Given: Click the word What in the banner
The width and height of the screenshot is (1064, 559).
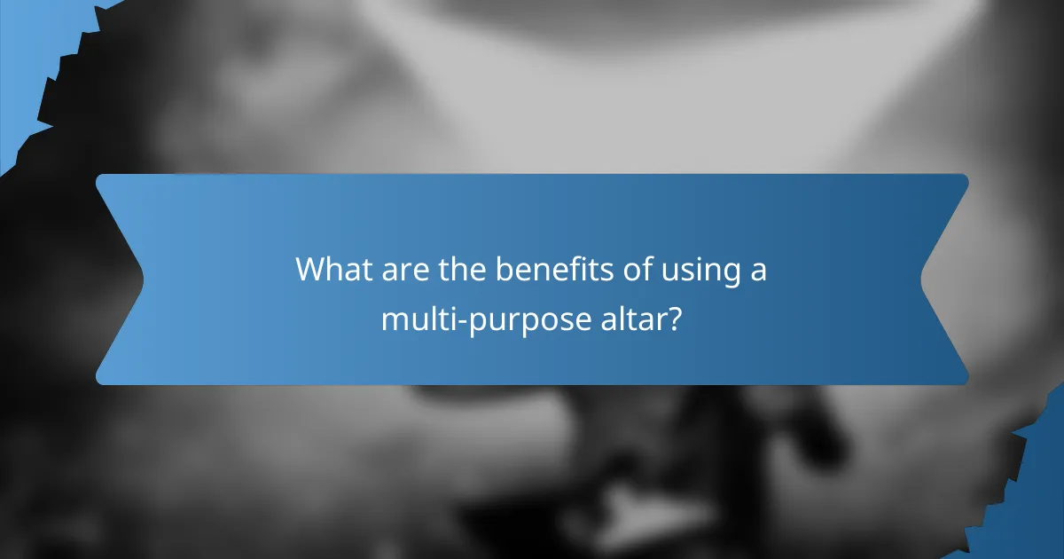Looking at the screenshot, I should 333,269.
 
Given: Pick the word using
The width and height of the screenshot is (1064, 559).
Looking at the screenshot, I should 700,271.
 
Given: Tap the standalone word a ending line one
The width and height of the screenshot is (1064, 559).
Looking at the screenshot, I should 758,271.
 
